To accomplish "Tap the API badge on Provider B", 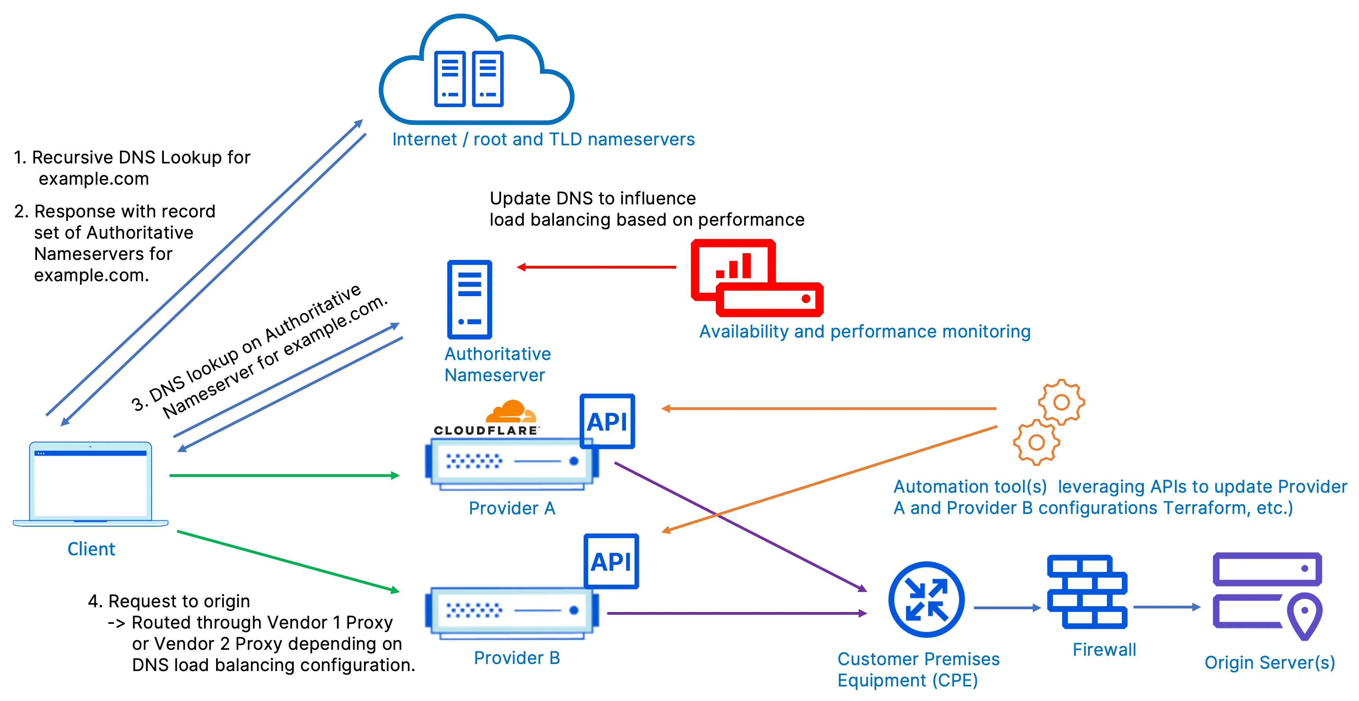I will click(611, 561).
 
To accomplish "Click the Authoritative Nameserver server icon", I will click(470, 299).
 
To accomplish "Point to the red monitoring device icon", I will click(757, 278).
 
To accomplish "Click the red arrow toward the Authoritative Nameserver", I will click(596, 267).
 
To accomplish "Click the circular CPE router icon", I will click(926, 600).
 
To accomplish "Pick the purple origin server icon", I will click(1267, 595).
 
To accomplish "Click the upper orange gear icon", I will click(1061, 402).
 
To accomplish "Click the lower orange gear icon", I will click(1036, 442).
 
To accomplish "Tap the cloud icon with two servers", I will click(476, 71).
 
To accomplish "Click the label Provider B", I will click(516, 658).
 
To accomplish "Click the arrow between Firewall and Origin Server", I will click(1166, 607).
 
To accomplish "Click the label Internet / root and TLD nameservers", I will click(543, 139).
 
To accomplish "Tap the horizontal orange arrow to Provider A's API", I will click(828, 408).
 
